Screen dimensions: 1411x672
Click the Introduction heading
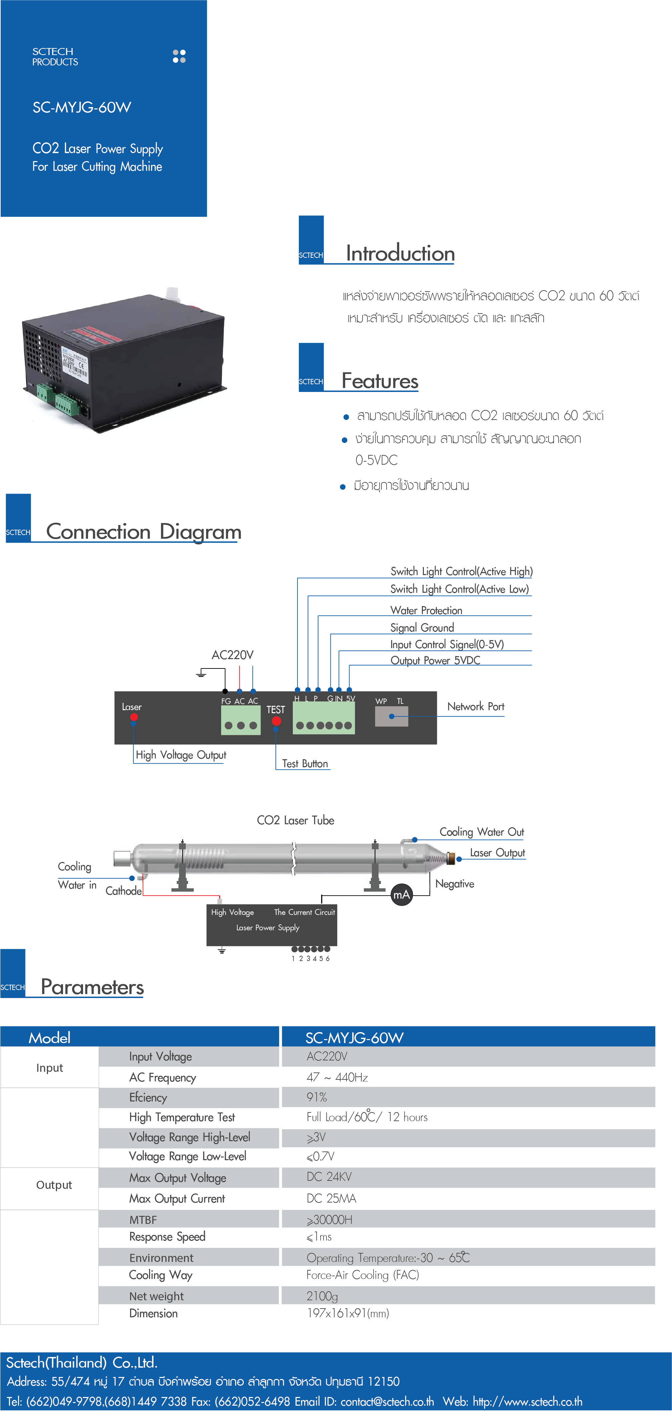(x=400, y=254)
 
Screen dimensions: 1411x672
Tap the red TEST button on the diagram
(x=276, y=720)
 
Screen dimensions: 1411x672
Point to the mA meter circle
(x=402, y=895)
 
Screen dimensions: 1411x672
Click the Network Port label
(x=475, y=707)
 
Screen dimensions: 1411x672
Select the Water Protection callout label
(x=426, y=610)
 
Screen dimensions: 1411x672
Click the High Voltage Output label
(x=181, y=755)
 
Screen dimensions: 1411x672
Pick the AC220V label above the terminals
(x=232, y=655)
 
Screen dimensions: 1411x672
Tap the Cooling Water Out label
(x=482, y=832)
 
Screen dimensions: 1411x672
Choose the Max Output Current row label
(x=177, y=1199)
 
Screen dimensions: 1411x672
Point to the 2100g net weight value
(x=322, y=1296)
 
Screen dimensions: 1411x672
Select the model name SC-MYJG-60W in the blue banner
(x=82, y=107)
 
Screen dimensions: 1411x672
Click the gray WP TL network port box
(x=391, y=716)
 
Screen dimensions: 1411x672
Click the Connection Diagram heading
(x=143, y=532)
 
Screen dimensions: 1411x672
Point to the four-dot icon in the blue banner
(x=179, y=56)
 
